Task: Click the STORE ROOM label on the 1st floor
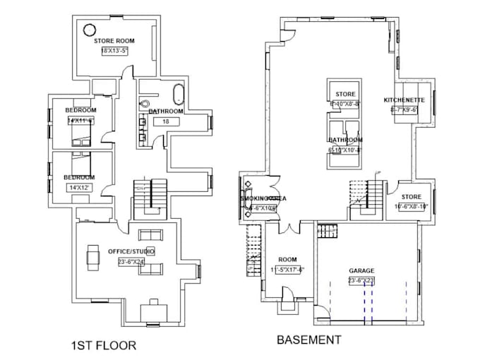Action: point(114,41)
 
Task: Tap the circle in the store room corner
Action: point(90,30)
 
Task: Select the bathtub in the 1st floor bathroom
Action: point(177,95)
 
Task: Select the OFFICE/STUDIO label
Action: point(131,251)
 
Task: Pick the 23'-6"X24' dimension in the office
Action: point(132,261)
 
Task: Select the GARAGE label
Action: point(361,270)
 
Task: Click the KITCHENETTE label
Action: point(404,100)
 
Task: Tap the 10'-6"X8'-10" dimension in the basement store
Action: point(411,207)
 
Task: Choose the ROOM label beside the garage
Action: point(287,259)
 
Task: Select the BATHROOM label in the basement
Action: point(345,140)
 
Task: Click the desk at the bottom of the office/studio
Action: point(153,310)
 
